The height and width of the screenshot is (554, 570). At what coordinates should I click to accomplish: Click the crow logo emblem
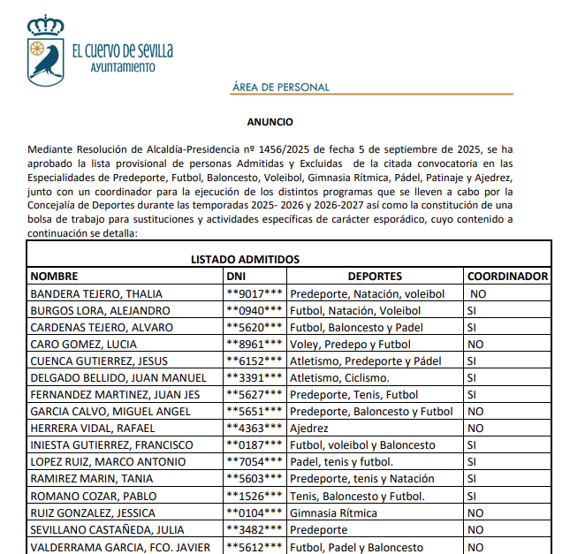coord(44,50)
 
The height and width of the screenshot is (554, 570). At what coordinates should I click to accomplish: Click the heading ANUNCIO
coord(270,122)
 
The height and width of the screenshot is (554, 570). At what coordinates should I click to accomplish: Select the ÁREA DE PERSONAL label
coord(280,87)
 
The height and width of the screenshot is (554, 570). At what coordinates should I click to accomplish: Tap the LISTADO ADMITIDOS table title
coord(246,259)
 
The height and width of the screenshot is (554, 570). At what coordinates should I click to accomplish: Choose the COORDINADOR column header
coord(507,277)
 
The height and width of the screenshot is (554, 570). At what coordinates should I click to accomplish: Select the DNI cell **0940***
coord(255,310)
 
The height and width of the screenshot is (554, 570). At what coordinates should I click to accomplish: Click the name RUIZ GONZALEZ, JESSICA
coord(93,512)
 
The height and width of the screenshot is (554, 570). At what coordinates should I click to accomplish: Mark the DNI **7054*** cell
coord(255,462)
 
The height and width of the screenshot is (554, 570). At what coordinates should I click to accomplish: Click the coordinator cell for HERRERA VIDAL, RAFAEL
coord(475,429)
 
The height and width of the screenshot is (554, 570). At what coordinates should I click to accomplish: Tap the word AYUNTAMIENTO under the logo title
coord(123,67)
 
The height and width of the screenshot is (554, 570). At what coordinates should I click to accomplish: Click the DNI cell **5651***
coord(255,412)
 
